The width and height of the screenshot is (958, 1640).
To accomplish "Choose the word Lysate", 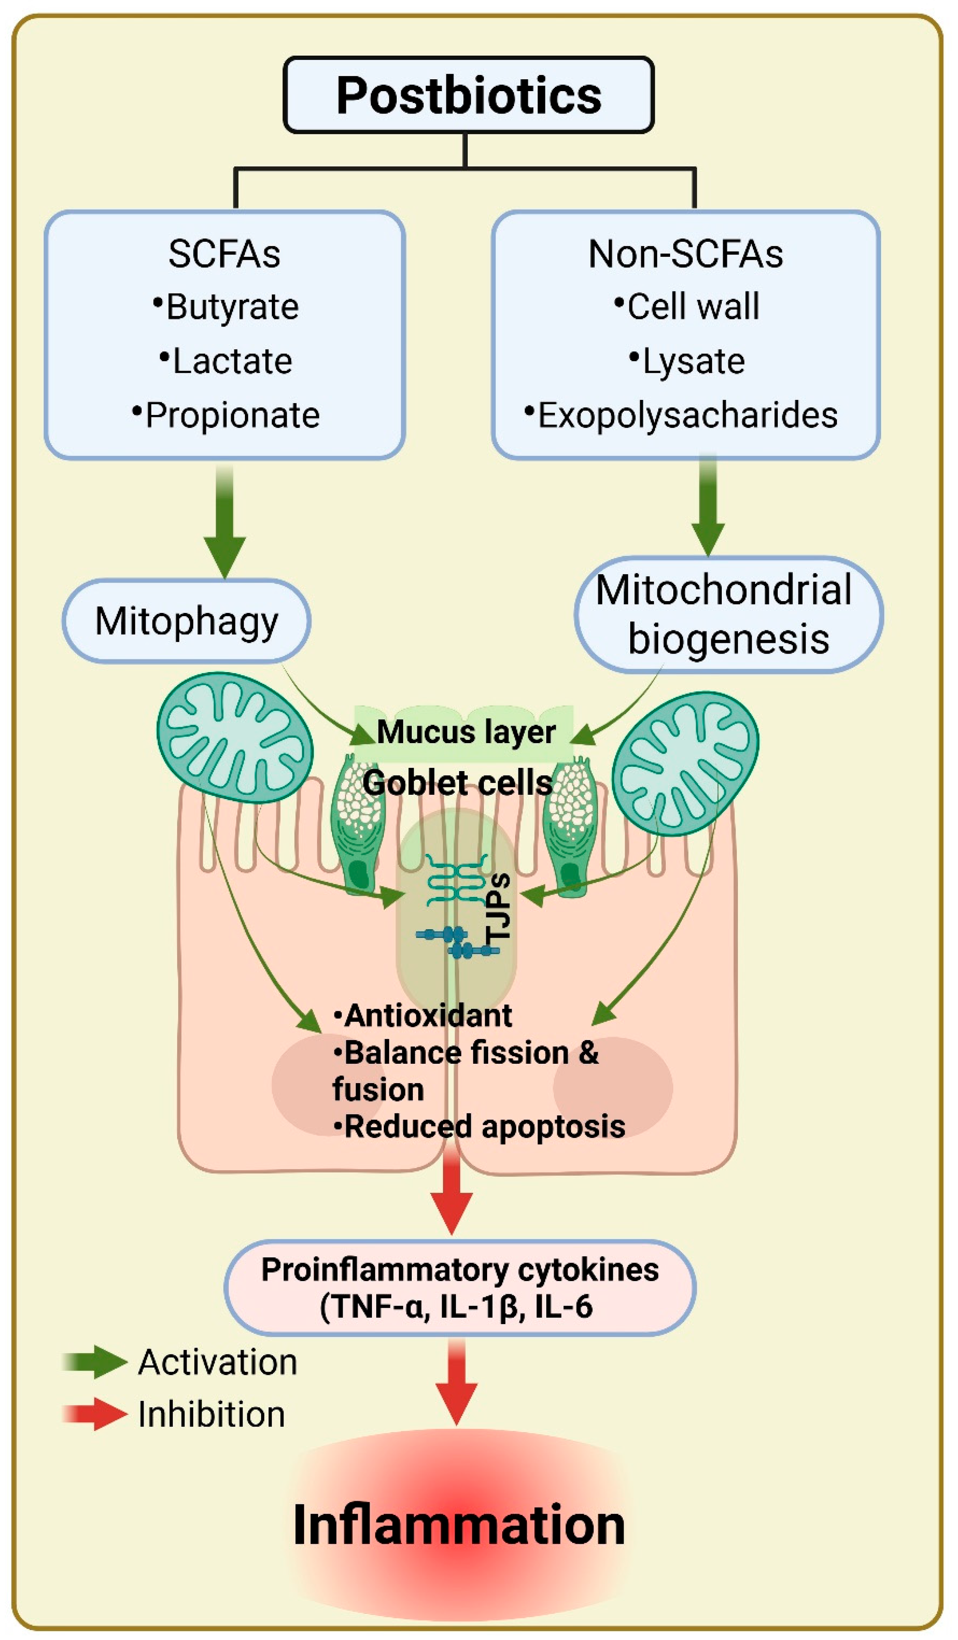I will [x=693, y=361].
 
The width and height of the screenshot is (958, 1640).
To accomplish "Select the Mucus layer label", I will [x=465, y=732].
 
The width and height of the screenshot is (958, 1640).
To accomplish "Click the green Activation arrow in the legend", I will [x=96, y=1362].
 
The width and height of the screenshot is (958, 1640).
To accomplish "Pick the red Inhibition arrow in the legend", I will [x=96, y=1414].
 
